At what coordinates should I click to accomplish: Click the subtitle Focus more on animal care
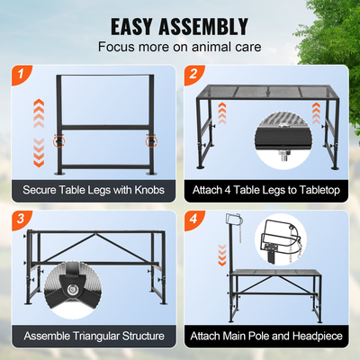coord(180,46)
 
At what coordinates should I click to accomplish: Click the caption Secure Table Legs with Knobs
coord(92,191)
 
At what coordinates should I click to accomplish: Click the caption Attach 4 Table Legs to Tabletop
coord(267,191)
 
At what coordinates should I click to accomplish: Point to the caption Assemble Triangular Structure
coord(92,335)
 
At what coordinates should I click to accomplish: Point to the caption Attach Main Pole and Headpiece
coord(267,335)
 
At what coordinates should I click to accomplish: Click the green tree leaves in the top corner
coord(342,27)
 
